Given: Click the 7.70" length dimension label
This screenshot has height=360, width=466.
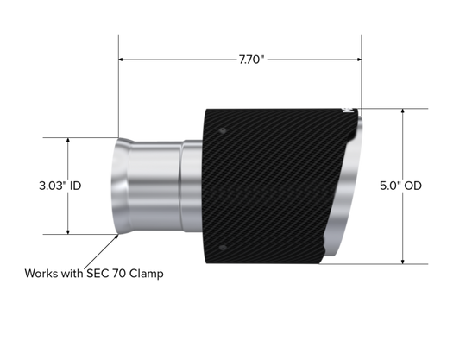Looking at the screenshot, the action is point(251,60).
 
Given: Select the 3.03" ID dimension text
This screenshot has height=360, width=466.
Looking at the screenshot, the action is point(60,186).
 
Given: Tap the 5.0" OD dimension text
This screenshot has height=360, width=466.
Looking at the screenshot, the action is point(400,186).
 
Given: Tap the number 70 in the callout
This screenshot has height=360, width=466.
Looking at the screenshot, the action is point(119,274).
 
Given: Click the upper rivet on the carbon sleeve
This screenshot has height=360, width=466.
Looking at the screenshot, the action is point(223,130).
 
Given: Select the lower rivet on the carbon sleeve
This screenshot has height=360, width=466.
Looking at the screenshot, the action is point(223,248).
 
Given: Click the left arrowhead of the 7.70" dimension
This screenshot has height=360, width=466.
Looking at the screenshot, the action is point(121,60).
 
